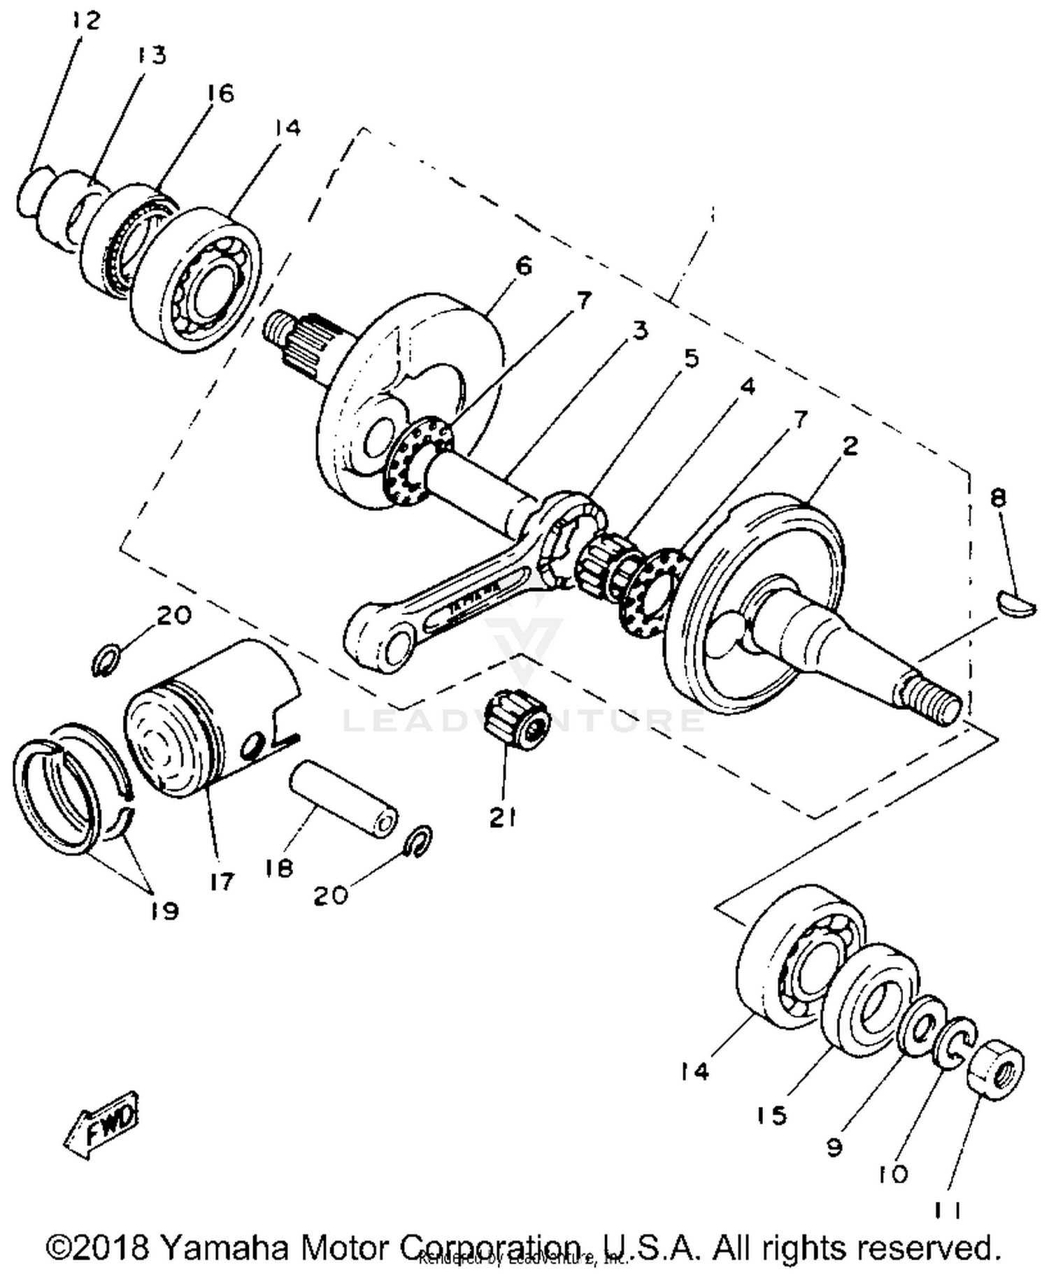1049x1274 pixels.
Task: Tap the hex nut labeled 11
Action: coord(996,1069)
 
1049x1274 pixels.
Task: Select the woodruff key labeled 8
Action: coord(1016,605)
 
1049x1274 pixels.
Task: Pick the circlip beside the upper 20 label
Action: coord(106,660)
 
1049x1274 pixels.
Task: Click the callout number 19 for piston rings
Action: coord(164,911)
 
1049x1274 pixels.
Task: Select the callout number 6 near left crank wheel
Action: coord(522,266)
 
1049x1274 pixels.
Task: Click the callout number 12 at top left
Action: coord(86,21)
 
